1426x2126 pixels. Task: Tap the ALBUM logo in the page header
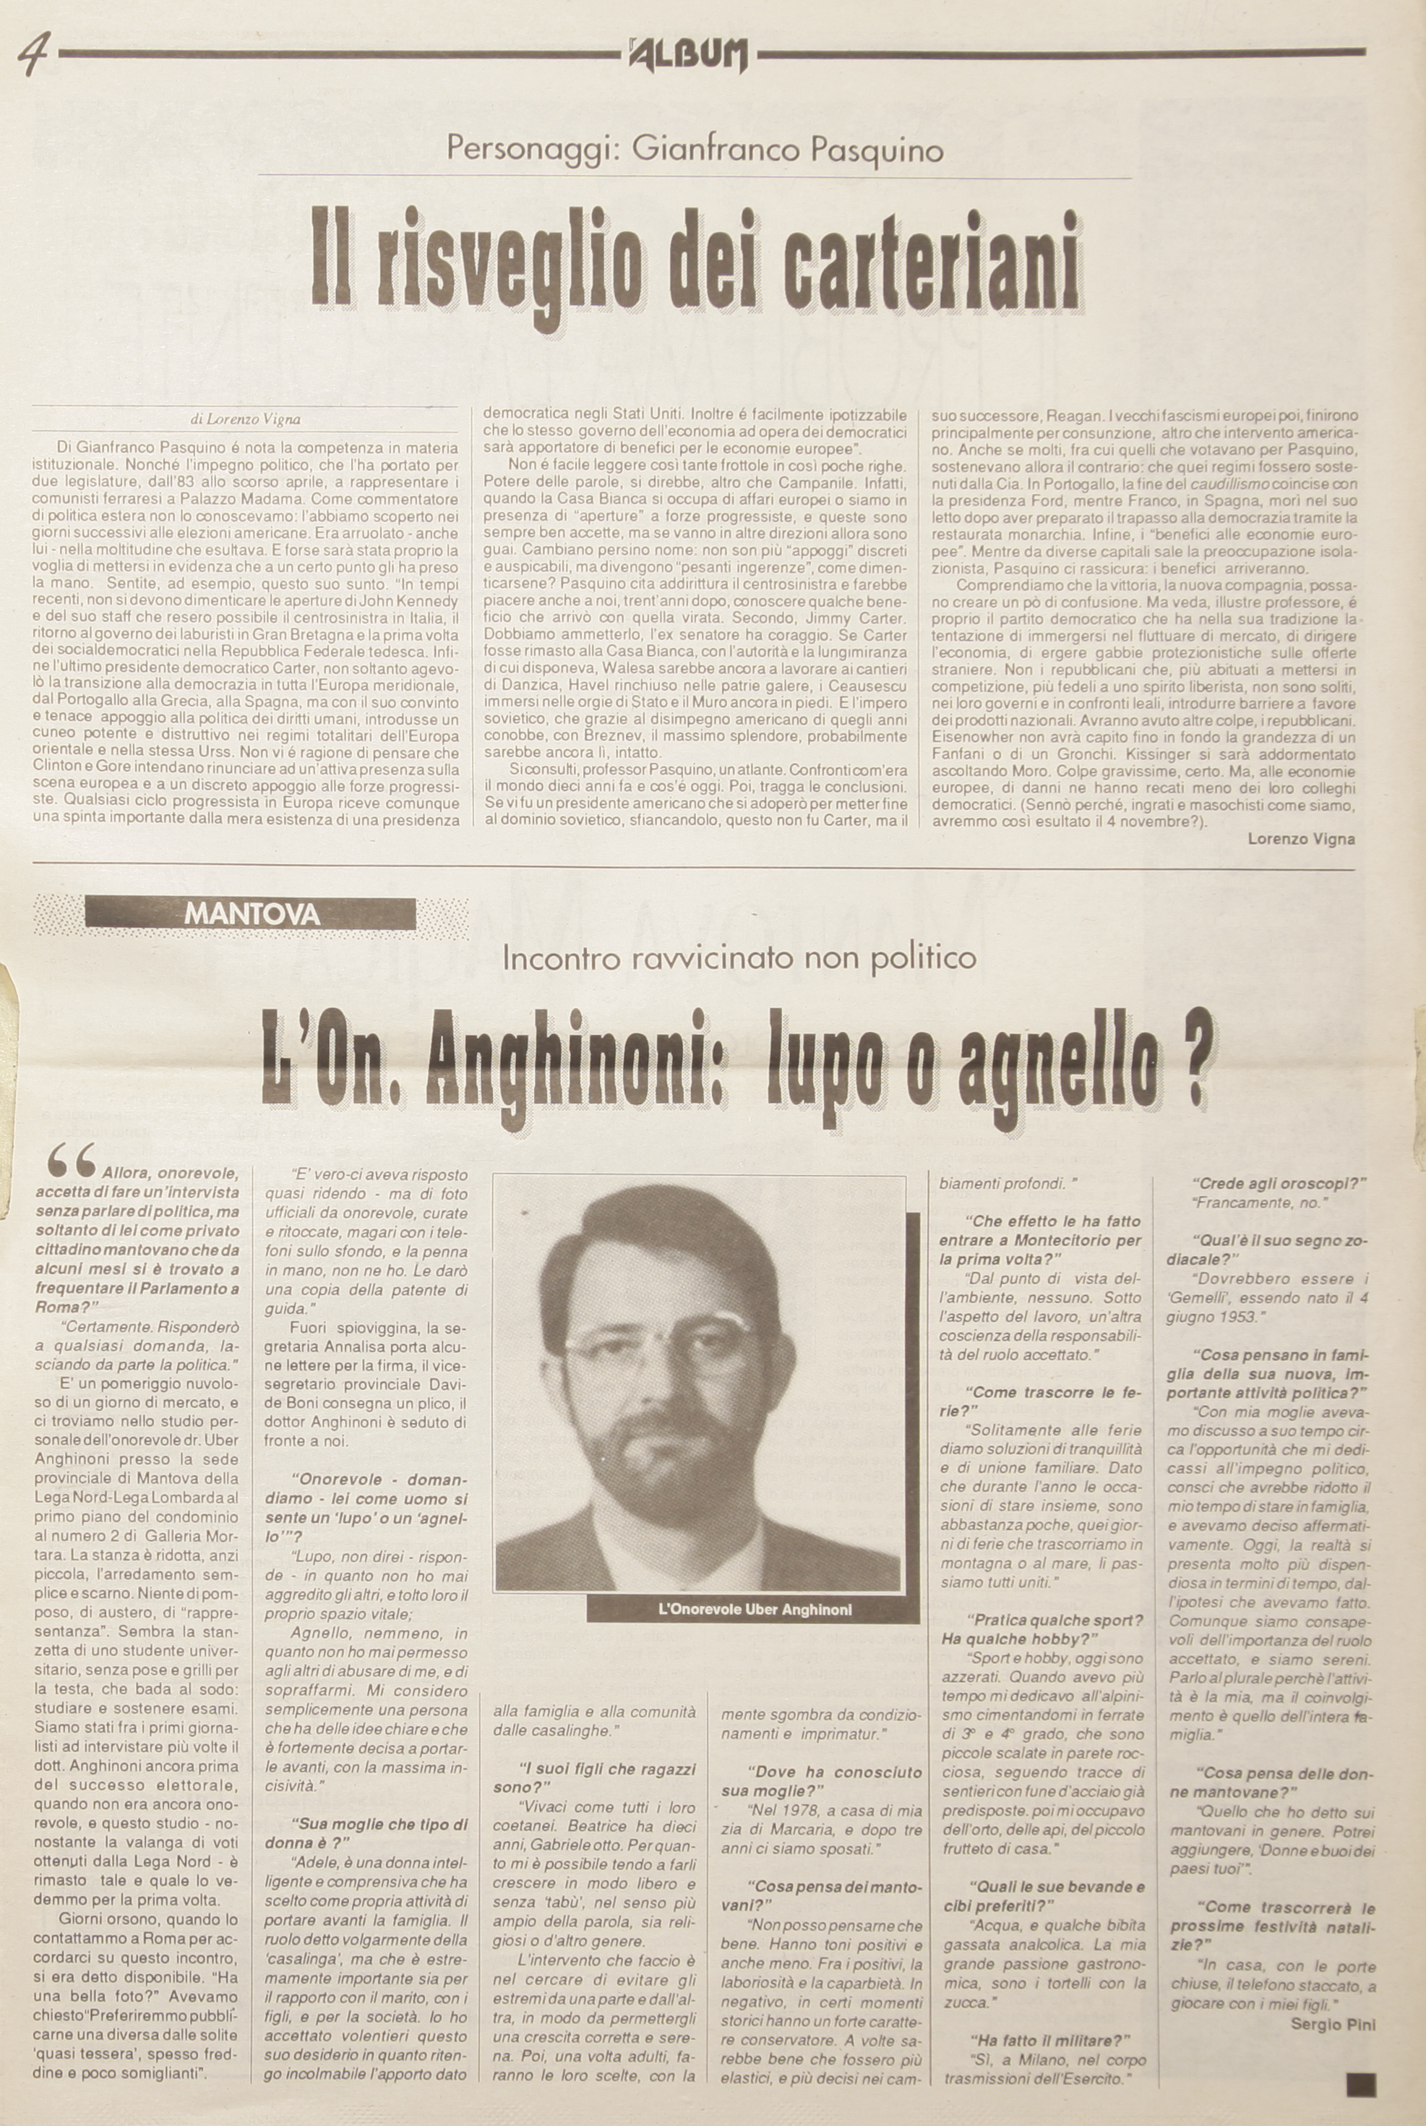tap(689, 56)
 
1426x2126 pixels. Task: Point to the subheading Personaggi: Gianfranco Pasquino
tap(695, 149)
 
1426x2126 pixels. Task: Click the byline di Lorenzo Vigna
tap(244, 420)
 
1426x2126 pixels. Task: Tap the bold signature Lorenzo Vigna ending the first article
tap(1300, 838)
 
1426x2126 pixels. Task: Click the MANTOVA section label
tap(252, 913)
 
